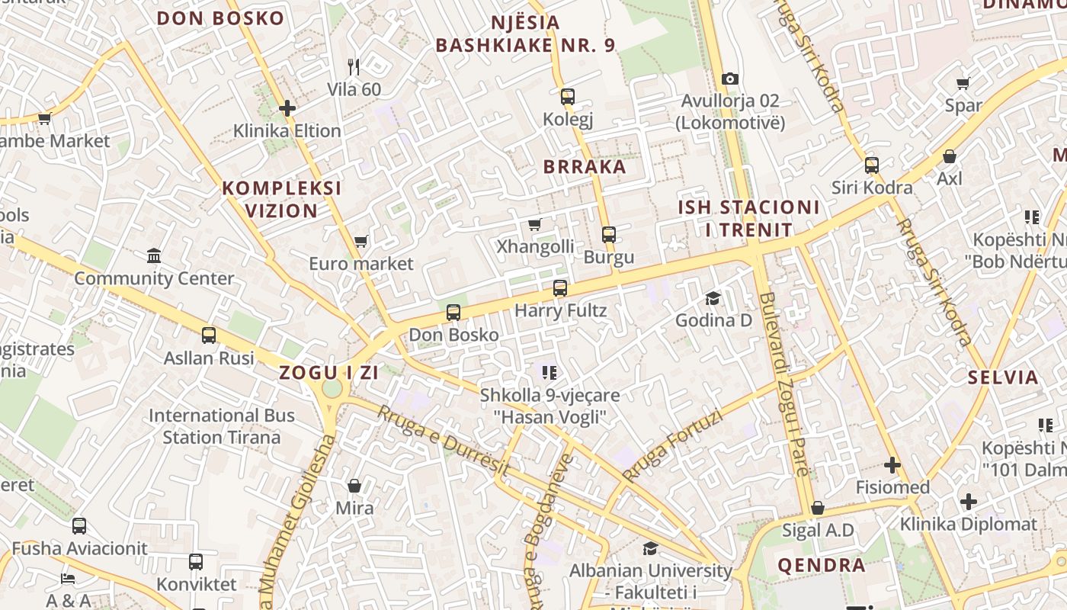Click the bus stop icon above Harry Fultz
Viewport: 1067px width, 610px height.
[x=560, y=288]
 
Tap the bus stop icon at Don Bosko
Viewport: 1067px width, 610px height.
[x=453, y=313]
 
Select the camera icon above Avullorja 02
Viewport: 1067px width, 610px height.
[x=730, y=79]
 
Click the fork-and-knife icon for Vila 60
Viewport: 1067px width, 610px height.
[x=354, y=67]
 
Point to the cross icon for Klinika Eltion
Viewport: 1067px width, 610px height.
[x=287, y=108]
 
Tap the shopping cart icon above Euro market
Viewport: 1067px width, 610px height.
[x=361, y=242]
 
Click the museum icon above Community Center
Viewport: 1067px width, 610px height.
[x=154, y=255]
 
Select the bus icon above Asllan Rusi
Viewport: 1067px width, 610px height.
[x=209, y=335]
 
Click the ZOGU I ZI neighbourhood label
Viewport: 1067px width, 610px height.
[x=329, y=373]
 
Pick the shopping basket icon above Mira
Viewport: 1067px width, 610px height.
[x=354, y=486]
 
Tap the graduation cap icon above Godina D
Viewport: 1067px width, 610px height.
[x=713, y=297]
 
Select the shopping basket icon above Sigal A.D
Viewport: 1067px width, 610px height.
[x=818, y=508]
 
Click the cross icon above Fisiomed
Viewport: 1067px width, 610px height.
[x=892, y=464]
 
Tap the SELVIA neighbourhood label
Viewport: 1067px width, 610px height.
[x=1003, y=377]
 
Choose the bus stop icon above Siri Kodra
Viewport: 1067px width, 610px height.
[x=872, y=165]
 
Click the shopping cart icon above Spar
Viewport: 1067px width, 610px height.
[x=963, y=83]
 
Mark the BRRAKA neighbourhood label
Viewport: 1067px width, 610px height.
[x=585, y=167]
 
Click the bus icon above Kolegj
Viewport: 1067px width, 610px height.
[x=568, y=97]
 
